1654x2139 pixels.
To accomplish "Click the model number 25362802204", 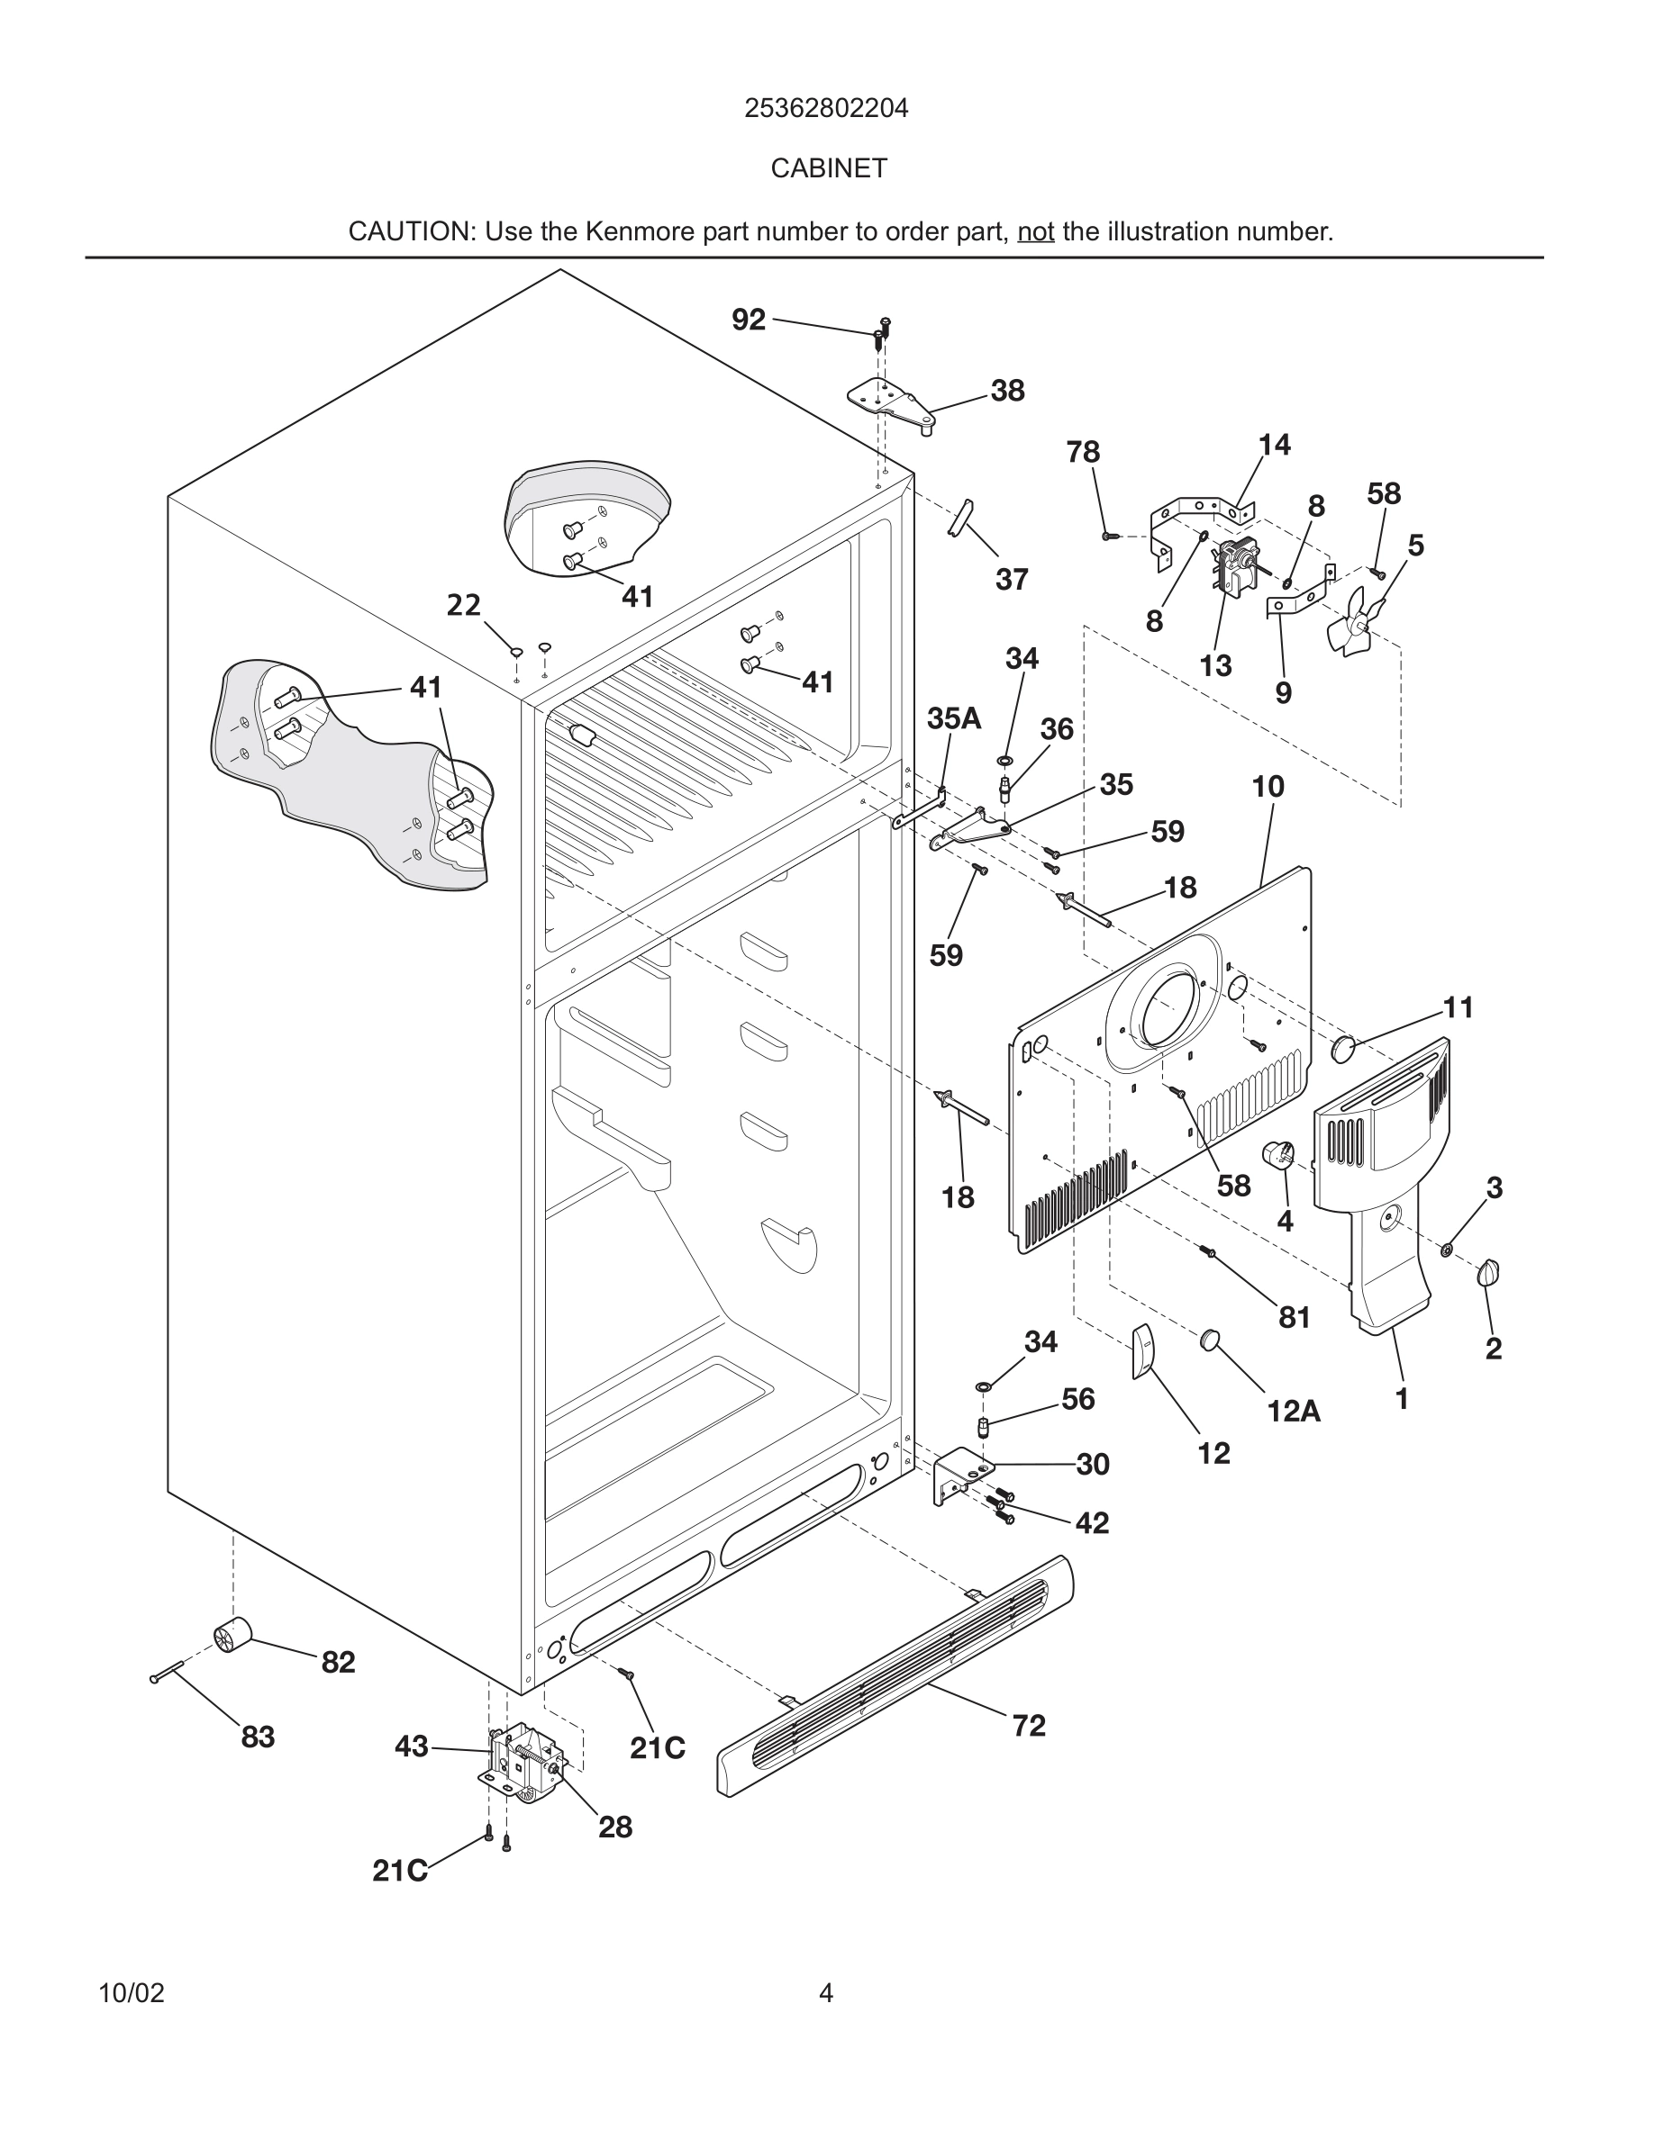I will coord(826,109).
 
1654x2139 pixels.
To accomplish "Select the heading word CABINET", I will coord(828,168).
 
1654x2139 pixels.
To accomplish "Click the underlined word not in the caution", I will coord(1035,232).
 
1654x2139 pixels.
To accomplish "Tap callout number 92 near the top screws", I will coord(749,320).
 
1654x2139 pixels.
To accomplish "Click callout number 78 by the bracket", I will coord(1083,452).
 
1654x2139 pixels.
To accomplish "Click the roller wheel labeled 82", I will coord(232,1637).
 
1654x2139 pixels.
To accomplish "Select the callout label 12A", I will coord(1293,1412).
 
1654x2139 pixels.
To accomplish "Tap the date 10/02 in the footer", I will coord(132,1993).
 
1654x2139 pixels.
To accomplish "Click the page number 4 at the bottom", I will coord(826,1993).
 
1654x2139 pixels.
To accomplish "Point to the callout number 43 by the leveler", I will coord(412,1746).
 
